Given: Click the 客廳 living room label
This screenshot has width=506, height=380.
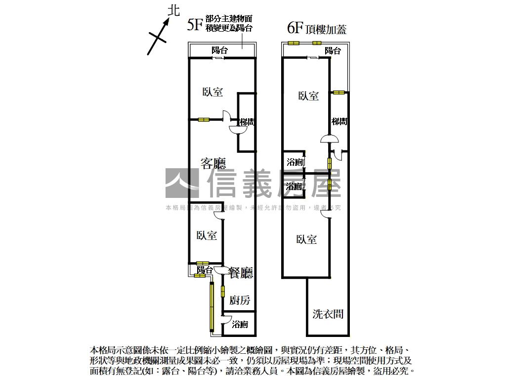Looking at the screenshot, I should click(213, 163).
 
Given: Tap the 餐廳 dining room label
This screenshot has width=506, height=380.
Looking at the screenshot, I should click(241, 272).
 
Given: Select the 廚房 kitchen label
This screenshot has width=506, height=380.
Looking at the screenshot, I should click(240, 300).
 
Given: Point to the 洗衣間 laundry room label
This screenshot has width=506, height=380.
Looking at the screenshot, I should click(328, 314).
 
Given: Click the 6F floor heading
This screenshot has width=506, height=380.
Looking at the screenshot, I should click(295, 28).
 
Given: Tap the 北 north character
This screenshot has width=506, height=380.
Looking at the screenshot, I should click(173, 11).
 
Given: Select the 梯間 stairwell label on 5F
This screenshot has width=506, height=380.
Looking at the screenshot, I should click(247, 122).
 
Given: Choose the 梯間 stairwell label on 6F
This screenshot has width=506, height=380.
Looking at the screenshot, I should click(339, 121).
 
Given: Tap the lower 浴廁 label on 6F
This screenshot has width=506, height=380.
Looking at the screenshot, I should click(295, 186).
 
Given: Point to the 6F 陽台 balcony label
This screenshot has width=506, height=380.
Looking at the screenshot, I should click(333, 50).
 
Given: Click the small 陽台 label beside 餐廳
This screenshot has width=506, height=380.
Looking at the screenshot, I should click(205, 270).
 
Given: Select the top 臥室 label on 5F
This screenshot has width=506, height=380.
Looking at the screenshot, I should click(212, 92).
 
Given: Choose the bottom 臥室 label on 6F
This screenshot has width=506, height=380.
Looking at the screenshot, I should click(306, 239).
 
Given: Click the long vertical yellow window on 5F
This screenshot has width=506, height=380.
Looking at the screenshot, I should click(211, 307).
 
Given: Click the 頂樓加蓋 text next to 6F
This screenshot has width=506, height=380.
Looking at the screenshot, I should click(326, 29).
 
